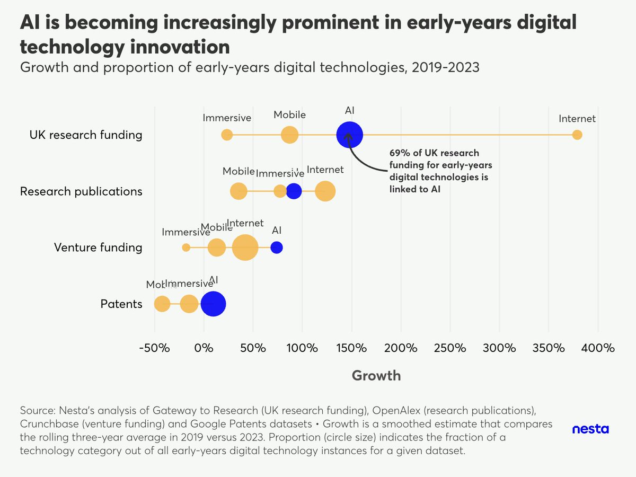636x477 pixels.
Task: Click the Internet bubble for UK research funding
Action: (577, 135)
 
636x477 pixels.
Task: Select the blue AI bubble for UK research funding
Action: (349, 135)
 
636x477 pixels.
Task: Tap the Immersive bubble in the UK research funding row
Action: (227, 135)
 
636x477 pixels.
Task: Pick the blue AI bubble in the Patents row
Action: (213, 304)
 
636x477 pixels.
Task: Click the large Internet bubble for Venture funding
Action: (245, 248)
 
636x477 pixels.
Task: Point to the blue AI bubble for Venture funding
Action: (277, 248)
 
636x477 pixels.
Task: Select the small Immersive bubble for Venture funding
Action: (186, 248)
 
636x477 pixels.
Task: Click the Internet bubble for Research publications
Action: (325, 191)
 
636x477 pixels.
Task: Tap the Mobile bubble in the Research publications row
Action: (239, 191)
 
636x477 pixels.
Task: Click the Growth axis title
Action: (376, 376)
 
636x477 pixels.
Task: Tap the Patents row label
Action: (121, 304)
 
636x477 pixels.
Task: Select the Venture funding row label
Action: (98, 248)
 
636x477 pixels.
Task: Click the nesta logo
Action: (590, 429)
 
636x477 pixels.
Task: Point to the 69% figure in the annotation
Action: (399, 153)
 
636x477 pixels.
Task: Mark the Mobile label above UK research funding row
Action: (289, 115)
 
